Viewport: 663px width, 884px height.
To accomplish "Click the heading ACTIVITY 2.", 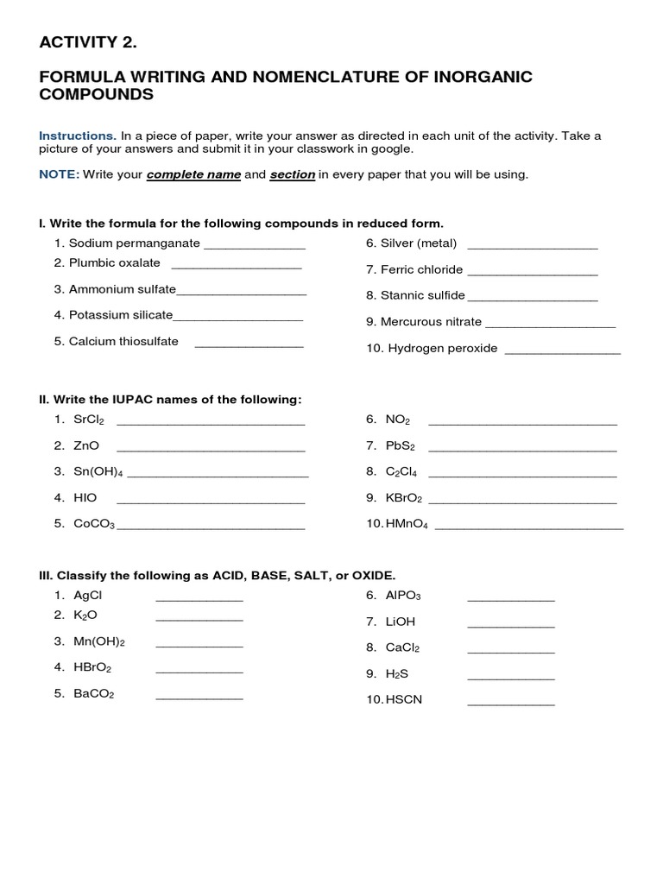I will tap(88, 42).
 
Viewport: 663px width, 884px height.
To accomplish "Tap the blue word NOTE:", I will tap(59, 174).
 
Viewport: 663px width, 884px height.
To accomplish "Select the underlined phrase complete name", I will tap(193, 174).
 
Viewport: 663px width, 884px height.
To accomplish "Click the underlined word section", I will tap(292, 174).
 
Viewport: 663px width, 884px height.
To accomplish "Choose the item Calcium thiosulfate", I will tap(123, 341).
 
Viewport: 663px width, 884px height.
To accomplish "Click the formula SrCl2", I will tap(90, 420).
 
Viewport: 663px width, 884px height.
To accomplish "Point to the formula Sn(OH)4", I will tap(98, 471).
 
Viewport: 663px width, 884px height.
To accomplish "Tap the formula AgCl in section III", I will tap(88, 595).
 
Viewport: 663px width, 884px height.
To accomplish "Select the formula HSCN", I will tap(404, 699).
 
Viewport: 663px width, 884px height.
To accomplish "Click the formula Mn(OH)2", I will tap(99, 641).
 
